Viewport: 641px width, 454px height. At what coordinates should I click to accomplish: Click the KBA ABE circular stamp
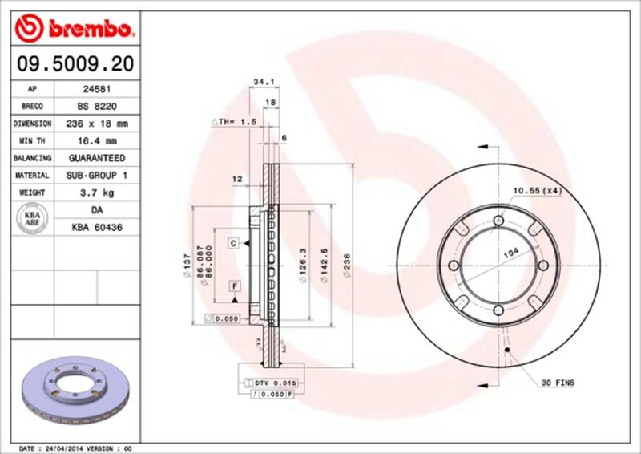click(33, 219)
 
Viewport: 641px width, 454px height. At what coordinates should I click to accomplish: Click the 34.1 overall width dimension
click(260, 81)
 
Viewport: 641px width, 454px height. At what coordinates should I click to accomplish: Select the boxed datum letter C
click(232, 241)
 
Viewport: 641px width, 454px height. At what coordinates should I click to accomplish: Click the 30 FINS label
click(558, 383)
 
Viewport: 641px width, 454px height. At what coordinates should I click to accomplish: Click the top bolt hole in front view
click(498, 222)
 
